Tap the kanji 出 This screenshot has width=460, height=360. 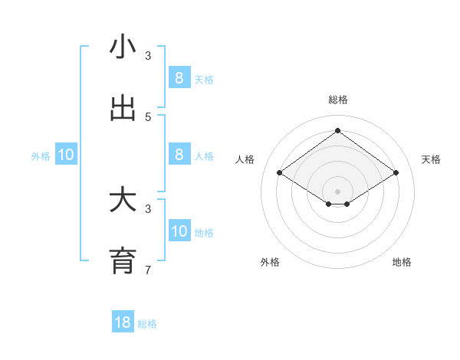pyautogui.click(x=123, y=109)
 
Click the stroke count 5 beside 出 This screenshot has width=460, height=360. pyautogui.click(x=148, y=116)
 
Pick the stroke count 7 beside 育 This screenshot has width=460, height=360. pyautogui.click(x=148, y=270)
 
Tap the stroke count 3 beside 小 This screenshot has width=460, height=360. pyautogui.click(x=148, y=55)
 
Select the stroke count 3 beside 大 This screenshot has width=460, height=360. pyautogui.click(x=148, y=208)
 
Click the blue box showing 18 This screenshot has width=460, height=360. pyautogui.click(x=123, y=322)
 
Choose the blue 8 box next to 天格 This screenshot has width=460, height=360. pyautogui.click(x=179, y=77)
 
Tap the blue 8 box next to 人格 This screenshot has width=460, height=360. pyautogui.click(x=179, y=154)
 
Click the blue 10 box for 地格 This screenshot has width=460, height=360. pyautogui.click(x=179, y=231)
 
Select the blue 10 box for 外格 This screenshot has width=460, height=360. pyautogui.click(x=66, y=155)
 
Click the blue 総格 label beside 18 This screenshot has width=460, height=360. pyautogui.click(x=147, y=324)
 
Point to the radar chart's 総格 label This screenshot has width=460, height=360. pyautogui.click(x=337, y=100)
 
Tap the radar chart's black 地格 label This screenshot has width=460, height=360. pyautogui.click(x=402, y=262)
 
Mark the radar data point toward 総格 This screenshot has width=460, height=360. pyautogui.click(x=337, y=130)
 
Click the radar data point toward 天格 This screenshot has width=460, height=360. pyautogui.click(x=396, y=173)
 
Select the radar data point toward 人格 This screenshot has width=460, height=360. pyautogui.click(x=279, y=173)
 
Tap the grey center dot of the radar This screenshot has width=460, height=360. pyautogui.click(x=337, y=191)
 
